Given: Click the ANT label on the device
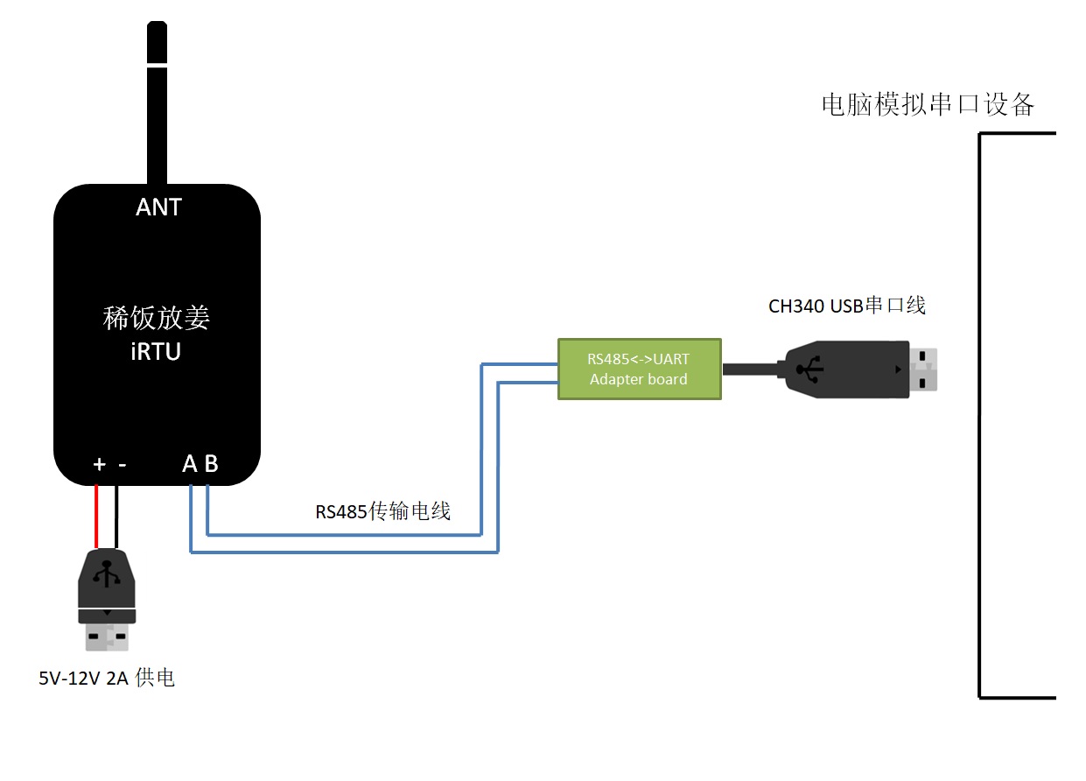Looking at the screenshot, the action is click(x=158, y=208).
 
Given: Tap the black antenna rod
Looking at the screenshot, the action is click(x=158, y=102).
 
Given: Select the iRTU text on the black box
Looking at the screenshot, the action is click(x=156, y=351).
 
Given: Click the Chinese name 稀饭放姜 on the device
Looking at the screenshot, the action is click(x=156, y=318).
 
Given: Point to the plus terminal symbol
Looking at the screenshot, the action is click(x=100, y=464).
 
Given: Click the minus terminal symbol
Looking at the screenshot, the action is click(x=123, y=465).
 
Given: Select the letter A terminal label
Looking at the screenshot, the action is click(x=190, y=464).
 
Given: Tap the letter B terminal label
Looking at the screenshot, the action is click(x=212, y=464).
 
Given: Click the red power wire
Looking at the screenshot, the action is click(x=96, y=517).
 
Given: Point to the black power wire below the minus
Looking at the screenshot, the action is click(x=116, y=517).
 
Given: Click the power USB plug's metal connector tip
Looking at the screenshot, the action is click(x=107, y=637).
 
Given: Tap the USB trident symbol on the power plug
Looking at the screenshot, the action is click(x=107, y=573).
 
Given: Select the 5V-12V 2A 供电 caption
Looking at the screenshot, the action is click(x=107, y=678).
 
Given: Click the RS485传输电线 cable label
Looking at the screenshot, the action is click(x=383, y=511).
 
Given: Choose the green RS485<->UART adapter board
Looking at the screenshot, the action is click(x=640, y=369).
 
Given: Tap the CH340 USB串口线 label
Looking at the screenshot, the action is click(x=847, y=306).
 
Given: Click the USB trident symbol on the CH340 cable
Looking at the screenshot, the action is click(x=809, y=369).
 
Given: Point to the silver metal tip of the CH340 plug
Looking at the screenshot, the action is click(x=923, y=369).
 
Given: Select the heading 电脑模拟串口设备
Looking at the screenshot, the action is click(x=928, y=104).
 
